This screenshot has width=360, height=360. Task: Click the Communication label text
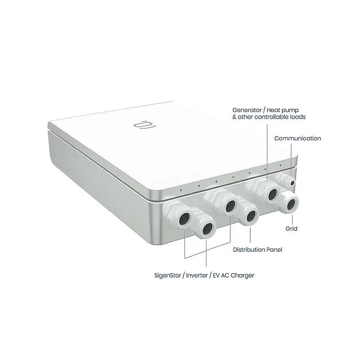pyautogui.click(x=297, y=139)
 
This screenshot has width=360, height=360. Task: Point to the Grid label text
pyautogui.click(x=291, y=229)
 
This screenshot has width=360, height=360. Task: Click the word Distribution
pyautogui.click(x=249, y=249)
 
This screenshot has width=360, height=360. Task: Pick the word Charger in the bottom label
pyautogui.click(x=243, y=275)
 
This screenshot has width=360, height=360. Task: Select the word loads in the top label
pyautogui.click(x=297, y=117)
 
